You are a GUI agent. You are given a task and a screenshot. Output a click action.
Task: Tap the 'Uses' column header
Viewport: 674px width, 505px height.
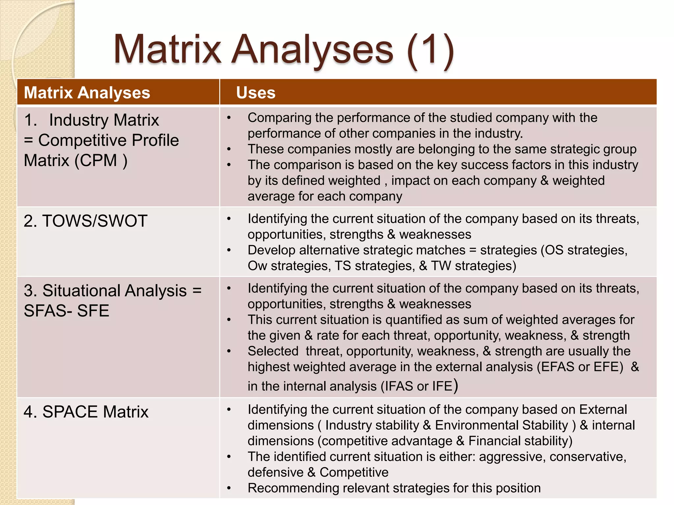click(x=256, y=93)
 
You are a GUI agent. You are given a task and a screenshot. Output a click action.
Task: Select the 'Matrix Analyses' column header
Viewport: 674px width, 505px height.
click(x=87, y=93)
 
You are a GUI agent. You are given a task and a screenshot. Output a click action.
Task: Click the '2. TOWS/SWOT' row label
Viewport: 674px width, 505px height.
click(x=85, y=221)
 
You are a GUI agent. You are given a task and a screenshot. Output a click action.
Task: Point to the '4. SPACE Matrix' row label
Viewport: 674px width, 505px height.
click(x=86, y=412)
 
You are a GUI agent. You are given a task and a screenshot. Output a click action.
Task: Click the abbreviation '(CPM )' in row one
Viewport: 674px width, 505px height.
click(x=101, y=161)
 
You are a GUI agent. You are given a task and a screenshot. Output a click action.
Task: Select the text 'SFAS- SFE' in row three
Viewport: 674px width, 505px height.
click(x=66, y=311)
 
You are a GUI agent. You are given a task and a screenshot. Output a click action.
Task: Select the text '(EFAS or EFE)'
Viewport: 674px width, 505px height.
click(x=580, y=367)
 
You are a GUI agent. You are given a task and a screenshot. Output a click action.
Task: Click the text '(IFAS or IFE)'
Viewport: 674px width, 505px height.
click(x=419, y=386)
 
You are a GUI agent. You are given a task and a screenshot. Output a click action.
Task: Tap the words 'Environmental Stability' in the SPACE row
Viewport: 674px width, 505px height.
click(x=502, y=425)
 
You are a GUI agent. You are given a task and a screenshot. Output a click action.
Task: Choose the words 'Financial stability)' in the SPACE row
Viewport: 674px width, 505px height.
click(x=520, y=441)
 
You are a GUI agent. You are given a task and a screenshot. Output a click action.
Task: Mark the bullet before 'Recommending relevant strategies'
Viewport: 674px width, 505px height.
click(x=229, y=488)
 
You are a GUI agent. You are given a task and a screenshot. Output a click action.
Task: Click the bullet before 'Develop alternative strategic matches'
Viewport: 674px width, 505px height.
click(x=229, y=250)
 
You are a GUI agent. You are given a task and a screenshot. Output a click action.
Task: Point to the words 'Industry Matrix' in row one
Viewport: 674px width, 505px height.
click(x=104, y=120)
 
